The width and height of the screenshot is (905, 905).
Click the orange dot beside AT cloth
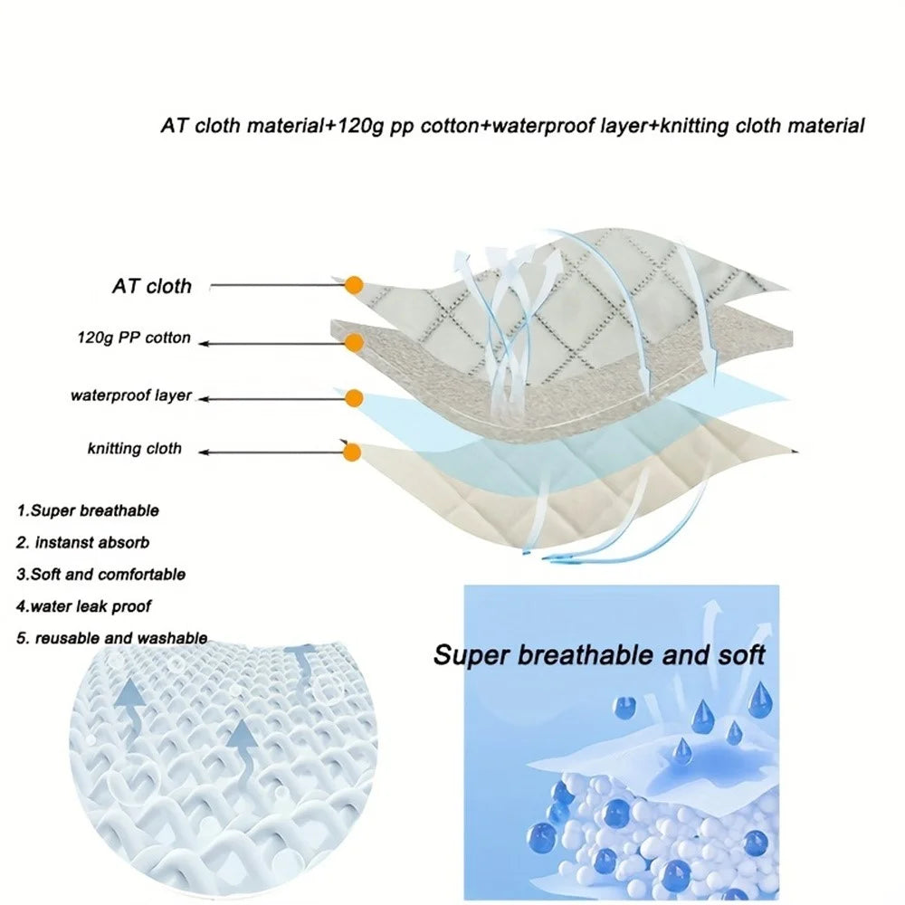[x=354, y=285]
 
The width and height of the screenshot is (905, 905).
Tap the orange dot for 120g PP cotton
[x=353, y=343]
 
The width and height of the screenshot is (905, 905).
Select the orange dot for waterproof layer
[x=353, y=398]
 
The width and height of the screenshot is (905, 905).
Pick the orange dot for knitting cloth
[x=351, y=452]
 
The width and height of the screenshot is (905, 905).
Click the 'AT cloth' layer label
[x=152, y=286]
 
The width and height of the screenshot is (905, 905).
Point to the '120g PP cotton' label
[x=134, y=338]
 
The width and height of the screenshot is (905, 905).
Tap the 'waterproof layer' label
[x=131, y=396]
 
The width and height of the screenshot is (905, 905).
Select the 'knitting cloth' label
[x=135, y=449]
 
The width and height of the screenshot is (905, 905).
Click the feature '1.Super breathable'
[x=88, y=510]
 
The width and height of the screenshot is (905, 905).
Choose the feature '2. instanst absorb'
[x=82, y=542]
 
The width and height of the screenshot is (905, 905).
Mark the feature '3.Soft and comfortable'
[x=101, y=575]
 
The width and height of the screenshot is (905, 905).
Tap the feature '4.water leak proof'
[x=83, y=606]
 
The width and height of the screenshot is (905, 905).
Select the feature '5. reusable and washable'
[x=112, y=638]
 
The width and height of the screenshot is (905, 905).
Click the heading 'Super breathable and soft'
[x=599, y=655]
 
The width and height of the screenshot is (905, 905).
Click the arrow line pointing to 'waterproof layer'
[x=271, y=399]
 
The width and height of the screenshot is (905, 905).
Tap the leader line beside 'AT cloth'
[x=277, y=285]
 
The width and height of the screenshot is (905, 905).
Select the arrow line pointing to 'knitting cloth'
[x=271, y=452]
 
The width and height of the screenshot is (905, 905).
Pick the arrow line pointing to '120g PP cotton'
[x=271, y=344]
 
